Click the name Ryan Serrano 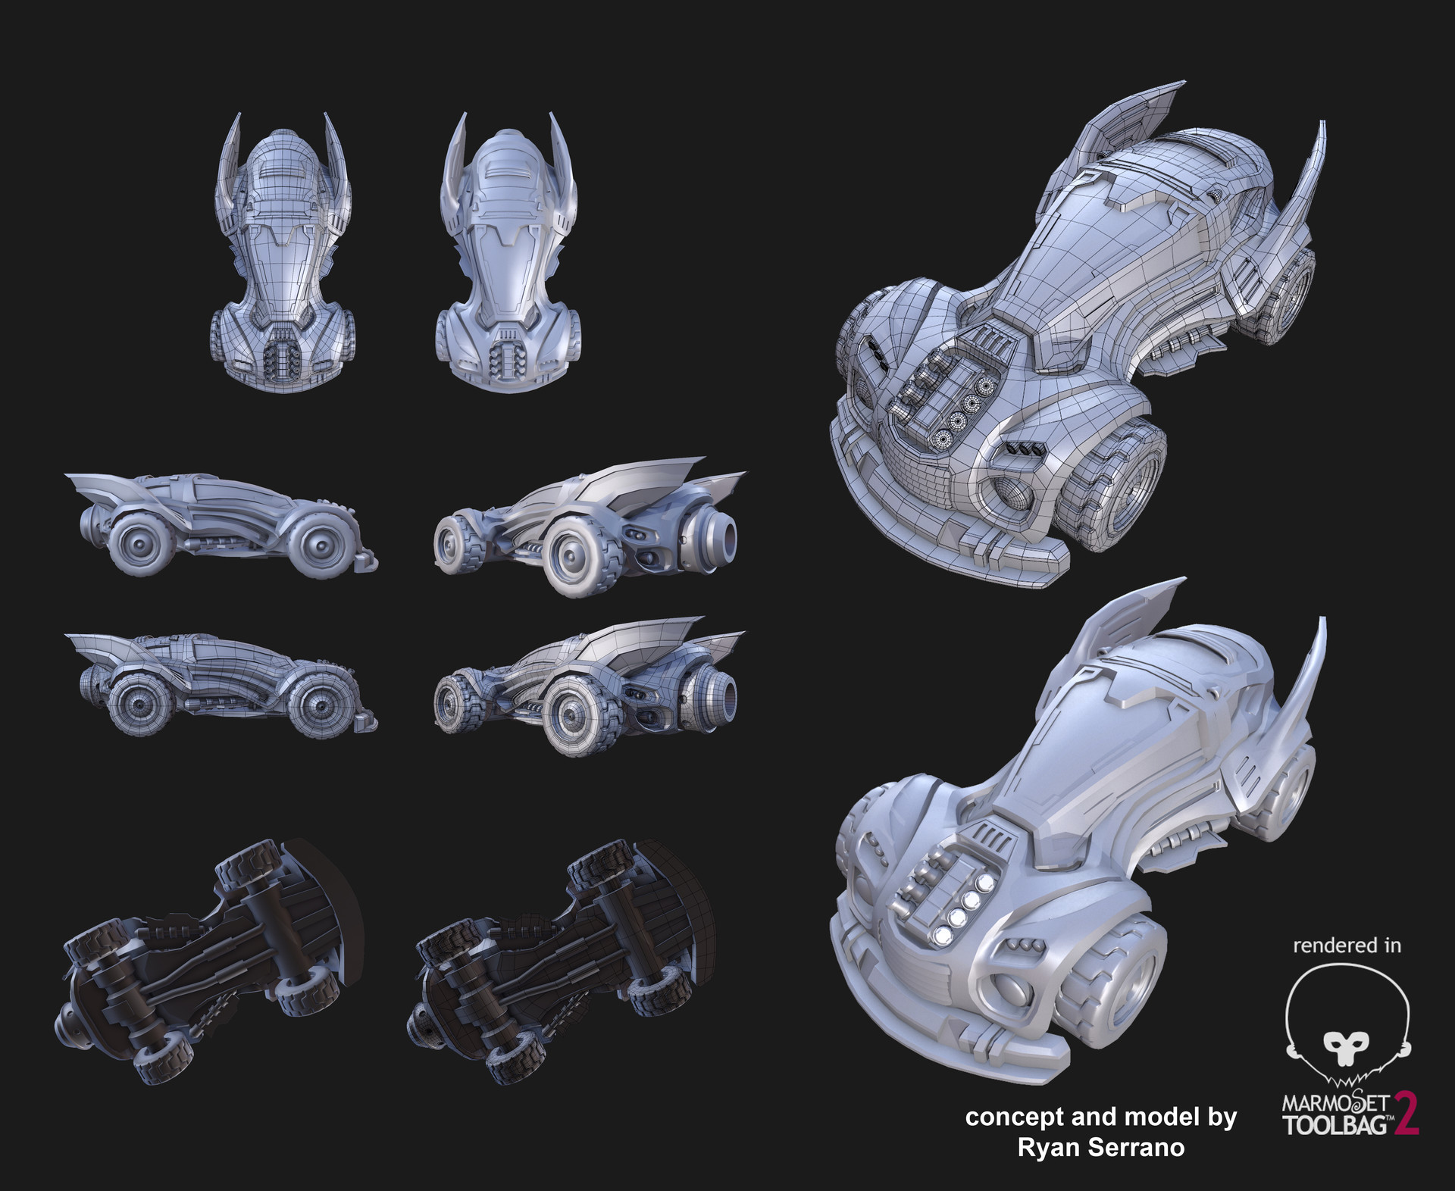[x=1100, y=1148]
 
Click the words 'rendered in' [x=1347, y=946]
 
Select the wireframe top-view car [x=283, y=258]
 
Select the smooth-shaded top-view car [x=508, y=258]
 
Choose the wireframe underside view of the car [x=561, y=962]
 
